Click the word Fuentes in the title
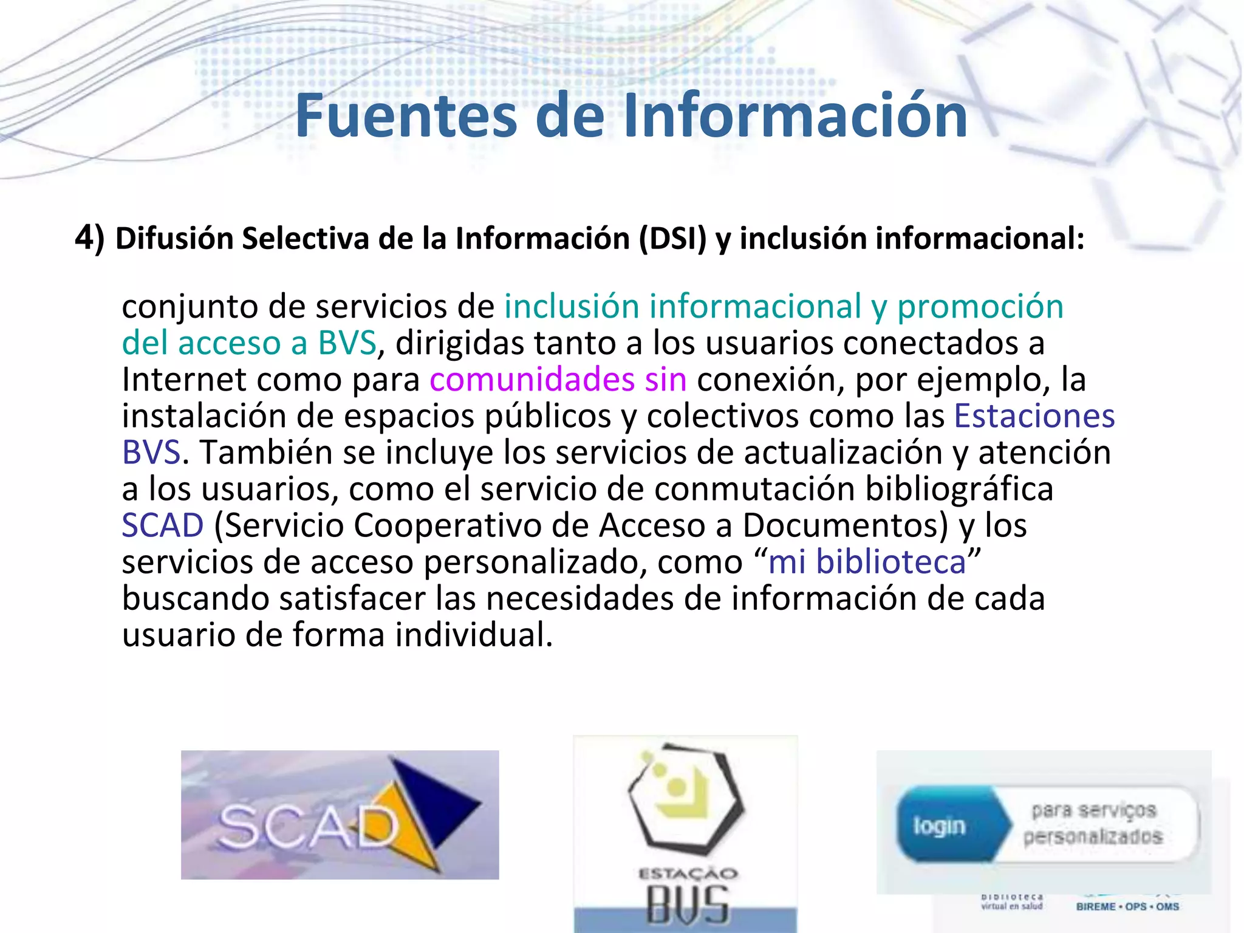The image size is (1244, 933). click(x=406, y=115)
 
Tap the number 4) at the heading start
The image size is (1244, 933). click(x=89, y=238)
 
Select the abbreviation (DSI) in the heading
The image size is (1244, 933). click(x=672, y=238)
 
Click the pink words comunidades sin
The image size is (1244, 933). click(x=558, y=380)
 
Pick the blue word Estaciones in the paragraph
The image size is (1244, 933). click(x=1034, y=416)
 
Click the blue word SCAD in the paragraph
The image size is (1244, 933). click(x=162, y=525)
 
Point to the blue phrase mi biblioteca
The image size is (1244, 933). click(x=867, y=562)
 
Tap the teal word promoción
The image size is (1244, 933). click(x=980, y=306)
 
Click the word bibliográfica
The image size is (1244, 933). click(x=959, y=489)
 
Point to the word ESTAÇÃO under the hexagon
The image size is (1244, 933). click(x=687, y=874)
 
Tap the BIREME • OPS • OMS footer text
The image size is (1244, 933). click(x=1127, y=906)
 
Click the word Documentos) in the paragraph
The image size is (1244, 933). click(x=844, y=525)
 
